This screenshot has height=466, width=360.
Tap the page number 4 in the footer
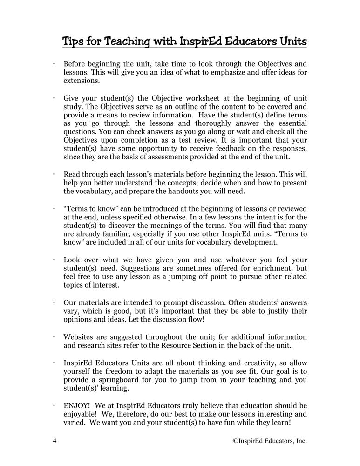(54, 440)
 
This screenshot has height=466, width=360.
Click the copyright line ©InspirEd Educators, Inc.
(270, 440)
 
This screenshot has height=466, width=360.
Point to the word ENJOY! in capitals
(77, 405)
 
